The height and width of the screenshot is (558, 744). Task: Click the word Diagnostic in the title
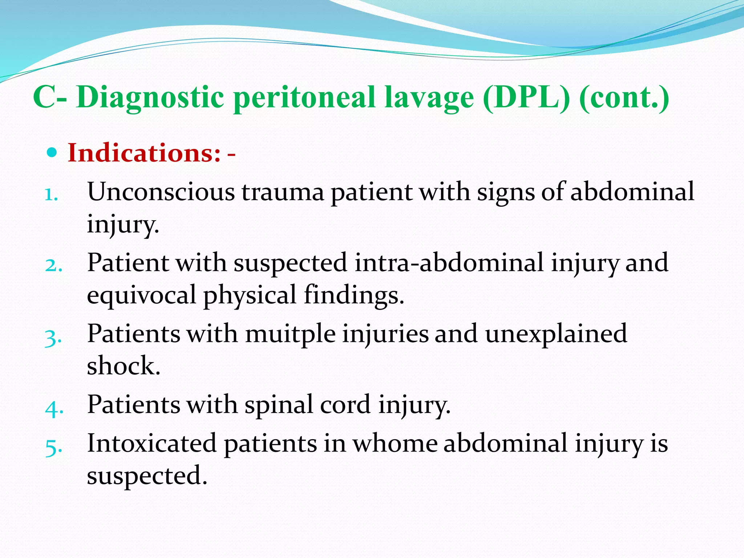(x=150, y=97)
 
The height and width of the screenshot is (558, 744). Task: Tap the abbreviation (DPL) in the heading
(x=526, y=97)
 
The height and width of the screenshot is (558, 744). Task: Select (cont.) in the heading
(x=624, y=97)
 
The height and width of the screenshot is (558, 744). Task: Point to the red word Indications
(x=144, y=153)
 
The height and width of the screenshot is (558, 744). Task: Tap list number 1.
(x=51, y=195)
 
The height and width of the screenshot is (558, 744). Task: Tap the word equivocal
(x=141, y=295)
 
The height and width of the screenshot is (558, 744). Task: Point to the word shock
(x=123, y=365)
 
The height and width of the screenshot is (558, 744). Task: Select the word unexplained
(x=556, y=333)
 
